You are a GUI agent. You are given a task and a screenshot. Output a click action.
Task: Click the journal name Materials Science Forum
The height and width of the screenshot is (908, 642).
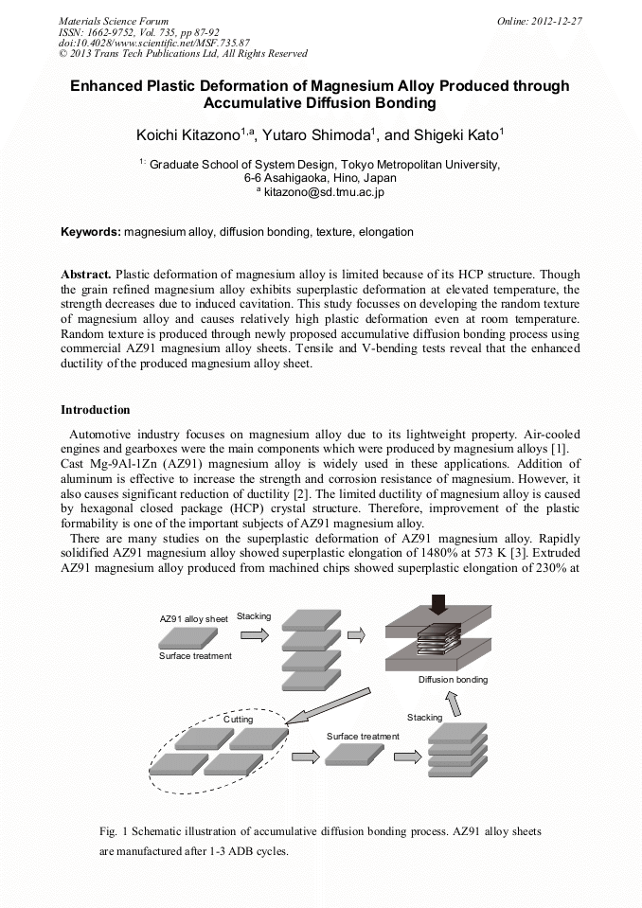(114, 20)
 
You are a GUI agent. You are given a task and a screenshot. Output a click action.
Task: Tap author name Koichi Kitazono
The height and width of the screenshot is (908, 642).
(187, 135)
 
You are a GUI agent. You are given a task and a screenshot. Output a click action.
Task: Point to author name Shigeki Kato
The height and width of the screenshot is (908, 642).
(452, 135)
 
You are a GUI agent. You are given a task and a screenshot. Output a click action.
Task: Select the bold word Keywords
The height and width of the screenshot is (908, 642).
(90, 232)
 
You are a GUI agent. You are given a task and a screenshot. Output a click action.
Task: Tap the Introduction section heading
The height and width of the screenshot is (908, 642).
(96, 410)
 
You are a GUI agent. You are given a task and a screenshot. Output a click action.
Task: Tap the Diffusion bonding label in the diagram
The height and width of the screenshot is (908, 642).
(453, 680)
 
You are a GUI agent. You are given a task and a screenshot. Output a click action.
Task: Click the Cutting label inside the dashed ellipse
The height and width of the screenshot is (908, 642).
(239, 720)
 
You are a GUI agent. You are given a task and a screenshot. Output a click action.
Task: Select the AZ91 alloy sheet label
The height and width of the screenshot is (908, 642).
(193, 618)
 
